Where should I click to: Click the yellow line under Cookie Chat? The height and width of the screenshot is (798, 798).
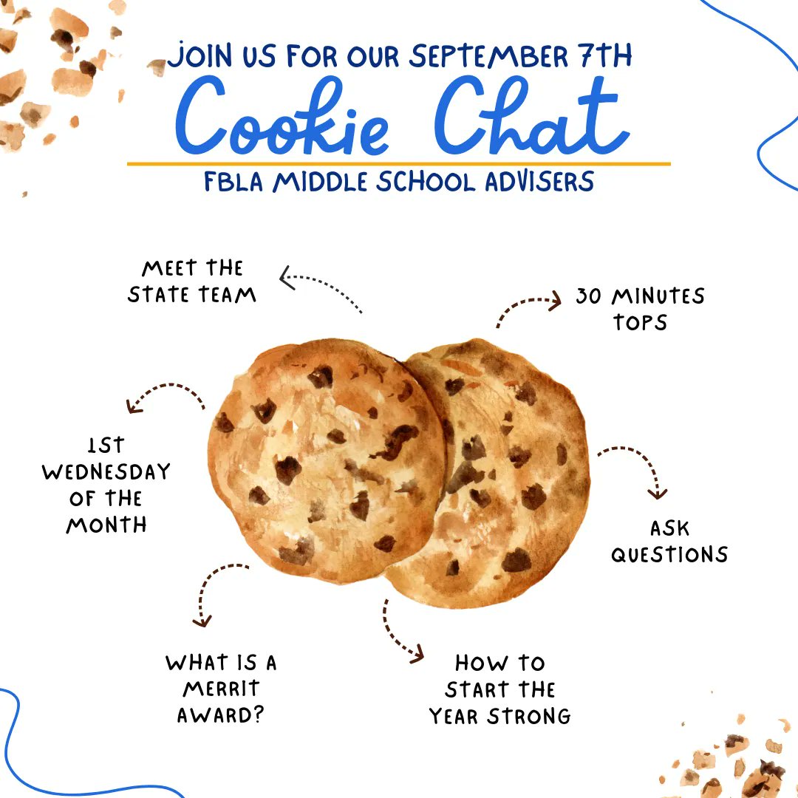[399, 163]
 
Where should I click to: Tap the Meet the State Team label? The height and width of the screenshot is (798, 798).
[192, 282]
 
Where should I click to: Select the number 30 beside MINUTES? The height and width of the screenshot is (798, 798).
[589, 296]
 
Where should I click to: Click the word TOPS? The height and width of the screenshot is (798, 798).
[640, 323]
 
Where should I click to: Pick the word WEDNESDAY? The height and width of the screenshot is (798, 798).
[106, 472]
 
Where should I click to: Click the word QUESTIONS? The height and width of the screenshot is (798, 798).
[669, 554]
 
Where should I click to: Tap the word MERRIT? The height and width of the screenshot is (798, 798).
[222, 689]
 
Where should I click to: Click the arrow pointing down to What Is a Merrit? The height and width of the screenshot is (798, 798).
[214, 591]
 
